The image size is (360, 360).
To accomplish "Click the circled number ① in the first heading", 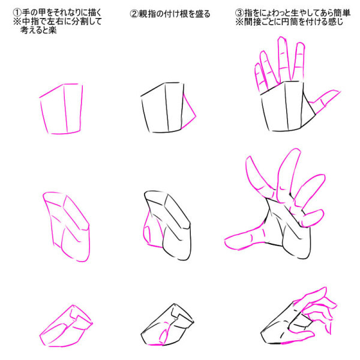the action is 17,13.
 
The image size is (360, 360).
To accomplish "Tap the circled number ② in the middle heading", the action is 134,14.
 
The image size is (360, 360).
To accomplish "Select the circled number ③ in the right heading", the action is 239,13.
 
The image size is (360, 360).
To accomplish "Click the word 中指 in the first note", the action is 31,22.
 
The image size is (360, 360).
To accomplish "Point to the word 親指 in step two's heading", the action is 147,14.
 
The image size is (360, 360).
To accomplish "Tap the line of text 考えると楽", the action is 38,30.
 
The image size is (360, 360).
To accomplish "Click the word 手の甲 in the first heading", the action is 34,13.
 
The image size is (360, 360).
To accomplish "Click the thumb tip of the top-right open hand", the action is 338,92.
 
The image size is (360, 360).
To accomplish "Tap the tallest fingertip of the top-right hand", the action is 282,38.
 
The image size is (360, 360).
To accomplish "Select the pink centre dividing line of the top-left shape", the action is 65,109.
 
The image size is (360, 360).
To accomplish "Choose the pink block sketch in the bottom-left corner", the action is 66,326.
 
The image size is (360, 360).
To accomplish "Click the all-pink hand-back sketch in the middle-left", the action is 67,227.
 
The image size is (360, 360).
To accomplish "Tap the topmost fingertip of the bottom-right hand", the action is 324,289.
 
